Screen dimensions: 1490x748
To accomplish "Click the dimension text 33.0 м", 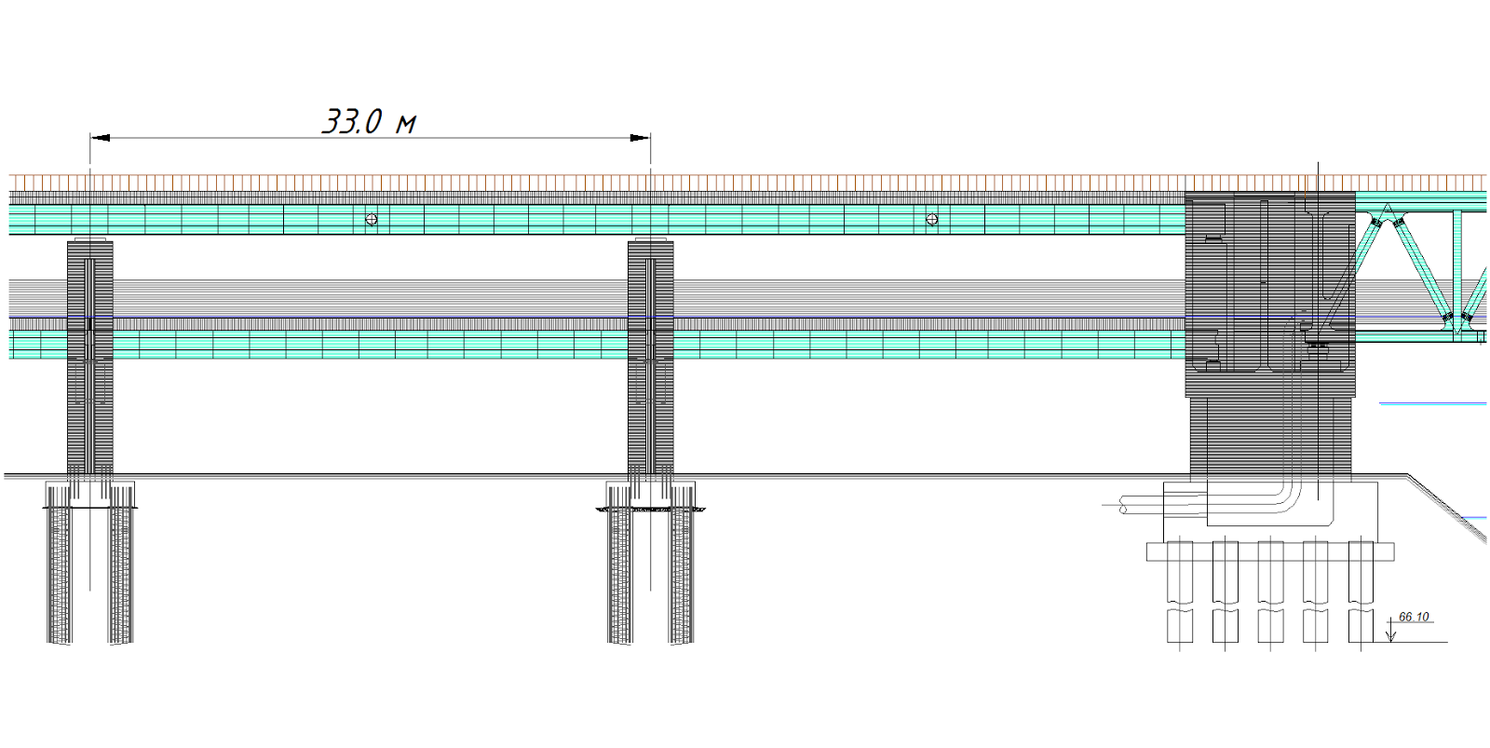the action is (370, 122).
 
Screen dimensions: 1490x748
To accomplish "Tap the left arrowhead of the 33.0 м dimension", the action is (100, 138).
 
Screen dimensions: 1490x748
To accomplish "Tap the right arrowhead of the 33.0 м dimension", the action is (641, 138).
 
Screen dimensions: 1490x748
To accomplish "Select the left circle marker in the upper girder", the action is (372, 220).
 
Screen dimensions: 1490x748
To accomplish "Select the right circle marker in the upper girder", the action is (932, 220).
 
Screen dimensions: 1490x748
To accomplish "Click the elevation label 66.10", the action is (1414, 617).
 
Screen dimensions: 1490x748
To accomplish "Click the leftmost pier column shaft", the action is (89, 358).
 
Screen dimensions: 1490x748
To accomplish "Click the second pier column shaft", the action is (651, 358).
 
